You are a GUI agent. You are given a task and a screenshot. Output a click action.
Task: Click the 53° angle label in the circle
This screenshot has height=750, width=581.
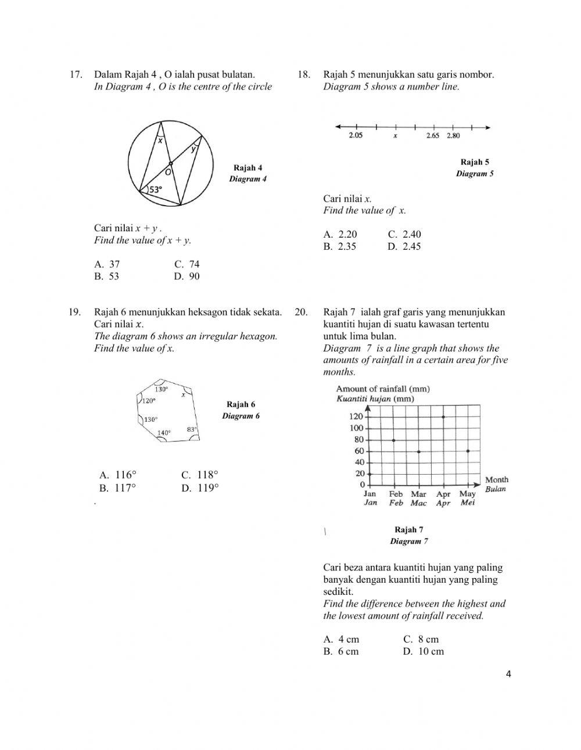[x=155, y=189]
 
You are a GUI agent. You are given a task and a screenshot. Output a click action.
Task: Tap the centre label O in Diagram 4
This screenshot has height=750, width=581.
[x=167, y=172]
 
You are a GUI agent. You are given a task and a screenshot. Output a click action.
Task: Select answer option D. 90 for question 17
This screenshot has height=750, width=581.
[x=187, y=277]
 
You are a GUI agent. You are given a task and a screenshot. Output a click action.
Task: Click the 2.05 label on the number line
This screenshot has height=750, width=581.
[x=356, y=136]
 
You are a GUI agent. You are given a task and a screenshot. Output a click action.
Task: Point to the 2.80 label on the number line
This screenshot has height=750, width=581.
[x=453, y=136]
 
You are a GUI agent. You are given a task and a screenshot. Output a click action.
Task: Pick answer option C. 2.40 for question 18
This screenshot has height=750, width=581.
[x=404, y=234]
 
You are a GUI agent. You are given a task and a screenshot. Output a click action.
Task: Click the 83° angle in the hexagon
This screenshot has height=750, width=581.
[x=192, y=429]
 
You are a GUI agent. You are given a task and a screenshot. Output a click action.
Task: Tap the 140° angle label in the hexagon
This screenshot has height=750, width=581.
[x=164, y=433]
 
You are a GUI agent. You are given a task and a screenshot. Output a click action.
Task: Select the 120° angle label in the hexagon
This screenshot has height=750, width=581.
[x=149, y=401]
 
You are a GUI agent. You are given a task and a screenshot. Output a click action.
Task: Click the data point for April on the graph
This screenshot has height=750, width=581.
[x=443, y=417]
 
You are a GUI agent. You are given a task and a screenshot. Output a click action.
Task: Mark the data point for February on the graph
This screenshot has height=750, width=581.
[x=394, y=440]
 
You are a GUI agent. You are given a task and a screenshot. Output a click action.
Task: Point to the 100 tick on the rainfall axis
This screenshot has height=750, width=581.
[x=356, y=428]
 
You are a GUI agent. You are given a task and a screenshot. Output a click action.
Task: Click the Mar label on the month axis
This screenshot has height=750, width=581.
[x=418, y=494]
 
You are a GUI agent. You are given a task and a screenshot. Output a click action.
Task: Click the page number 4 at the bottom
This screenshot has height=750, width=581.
[x=509, y=674]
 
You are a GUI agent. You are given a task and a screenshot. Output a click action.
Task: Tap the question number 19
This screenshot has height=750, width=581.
[x=74, y=312]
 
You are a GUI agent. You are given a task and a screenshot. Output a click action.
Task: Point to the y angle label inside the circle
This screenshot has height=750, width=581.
[x=194, y=149]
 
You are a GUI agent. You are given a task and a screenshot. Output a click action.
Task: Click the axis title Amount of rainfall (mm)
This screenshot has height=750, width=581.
[x=383, y=389]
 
